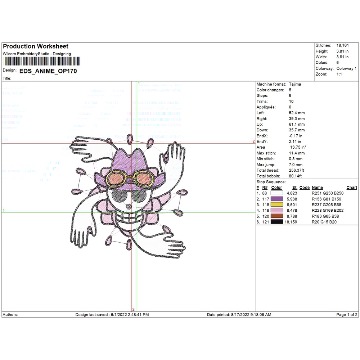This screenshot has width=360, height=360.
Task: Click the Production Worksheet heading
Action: coord(35,46)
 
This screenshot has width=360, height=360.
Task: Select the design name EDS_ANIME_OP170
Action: coord(48,71)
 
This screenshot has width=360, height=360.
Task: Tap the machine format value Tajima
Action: coord(295,84)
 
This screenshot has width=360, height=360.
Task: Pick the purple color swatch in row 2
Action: coord(277,199)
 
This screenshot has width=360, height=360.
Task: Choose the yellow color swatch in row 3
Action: coord(277,205)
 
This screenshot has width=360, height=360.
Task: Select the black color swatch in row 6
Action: coord(277,222)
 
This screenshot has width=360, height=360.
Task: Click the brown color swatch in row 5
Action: coord(277,216)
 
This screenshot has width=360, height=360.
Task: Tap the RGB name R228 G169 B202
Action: coord(325,211)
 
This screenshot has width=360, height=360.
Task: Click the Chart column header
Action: coord(351,188)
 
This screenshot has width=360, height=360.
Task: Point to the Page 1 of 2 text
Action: coord(347,315)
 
